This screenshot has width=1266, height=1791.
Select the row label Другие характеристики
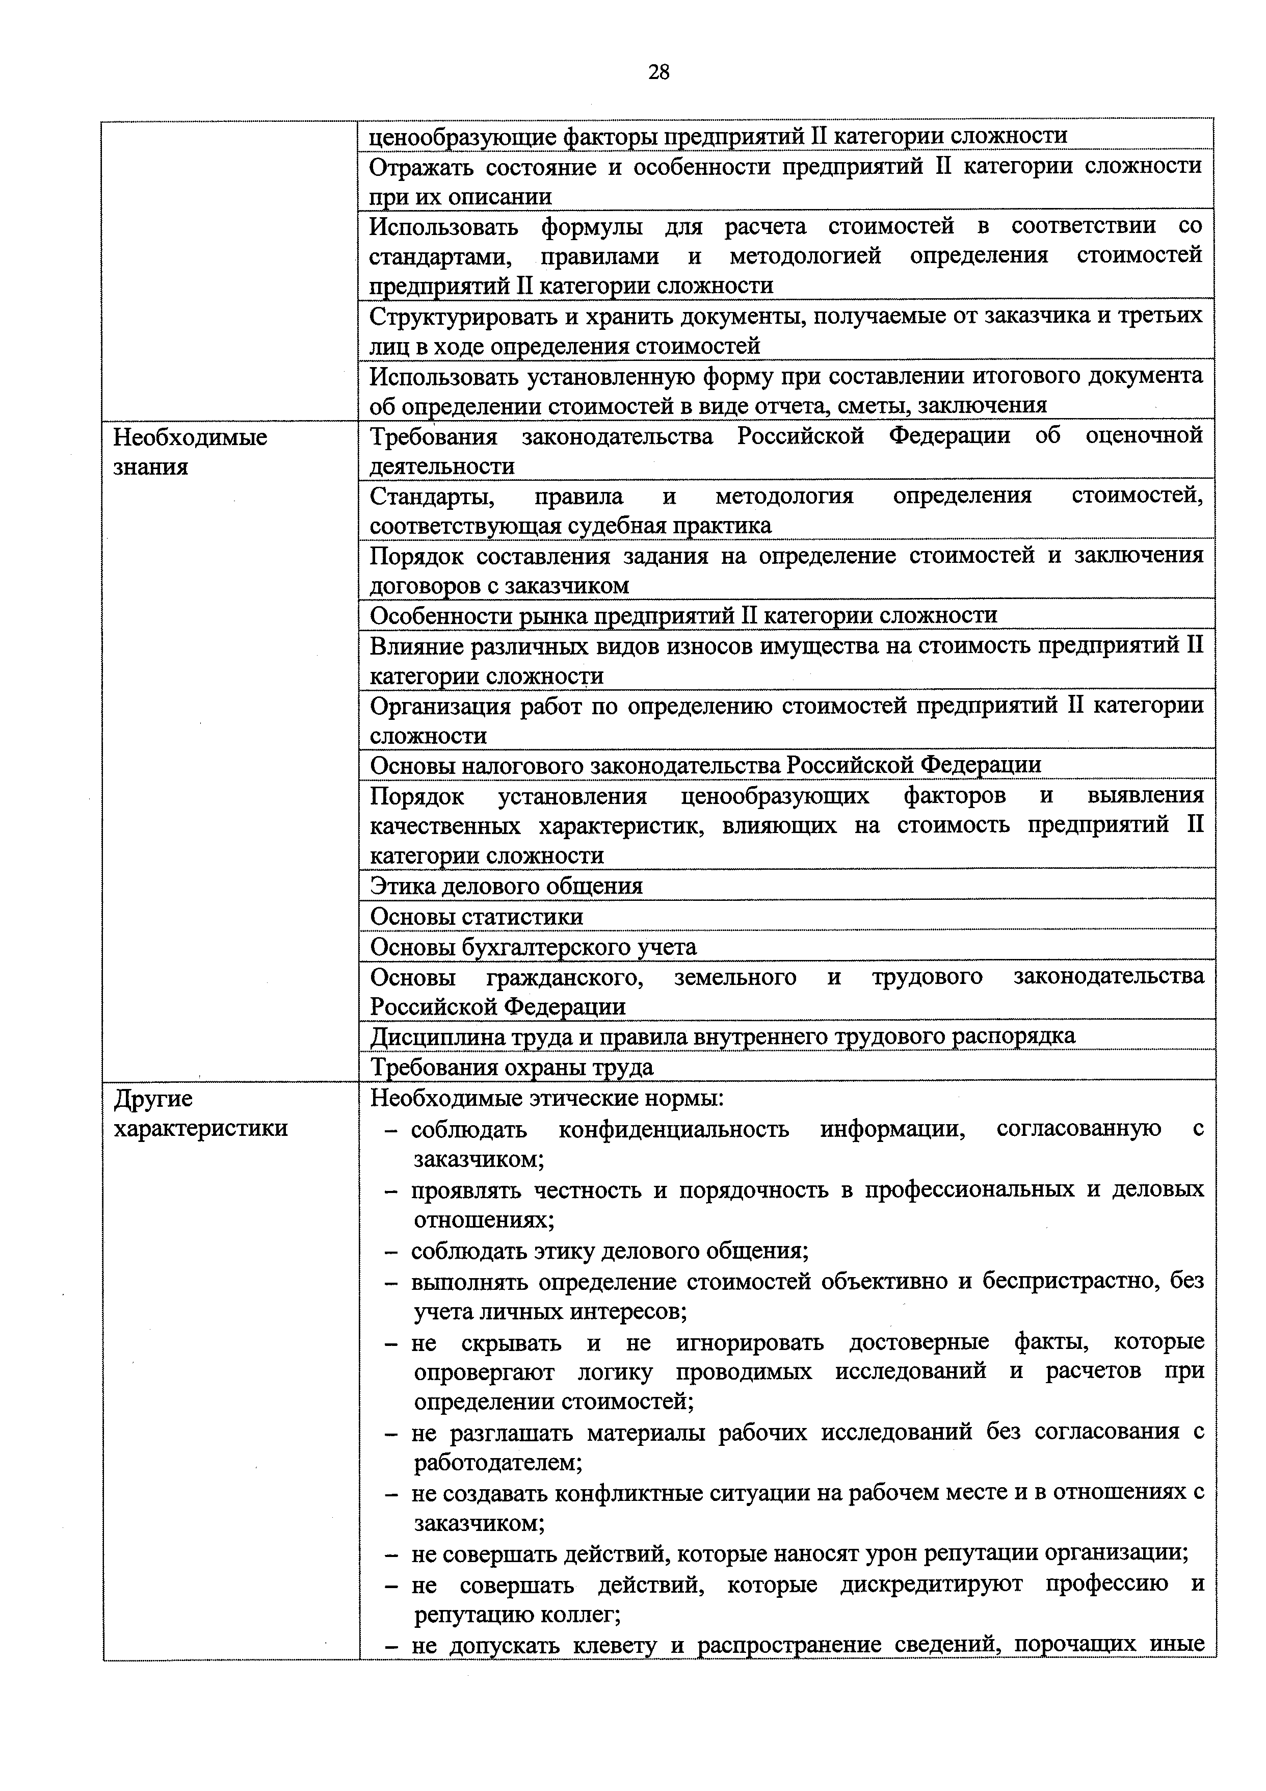point(200,1114)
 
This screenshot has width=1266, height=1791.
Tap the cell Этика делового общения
point(506,886)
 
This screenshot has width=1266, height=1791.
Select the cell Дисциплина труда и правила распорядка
point(722,1036)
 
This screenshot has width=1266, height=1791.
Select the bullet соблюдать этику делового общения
point(609,1251)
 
